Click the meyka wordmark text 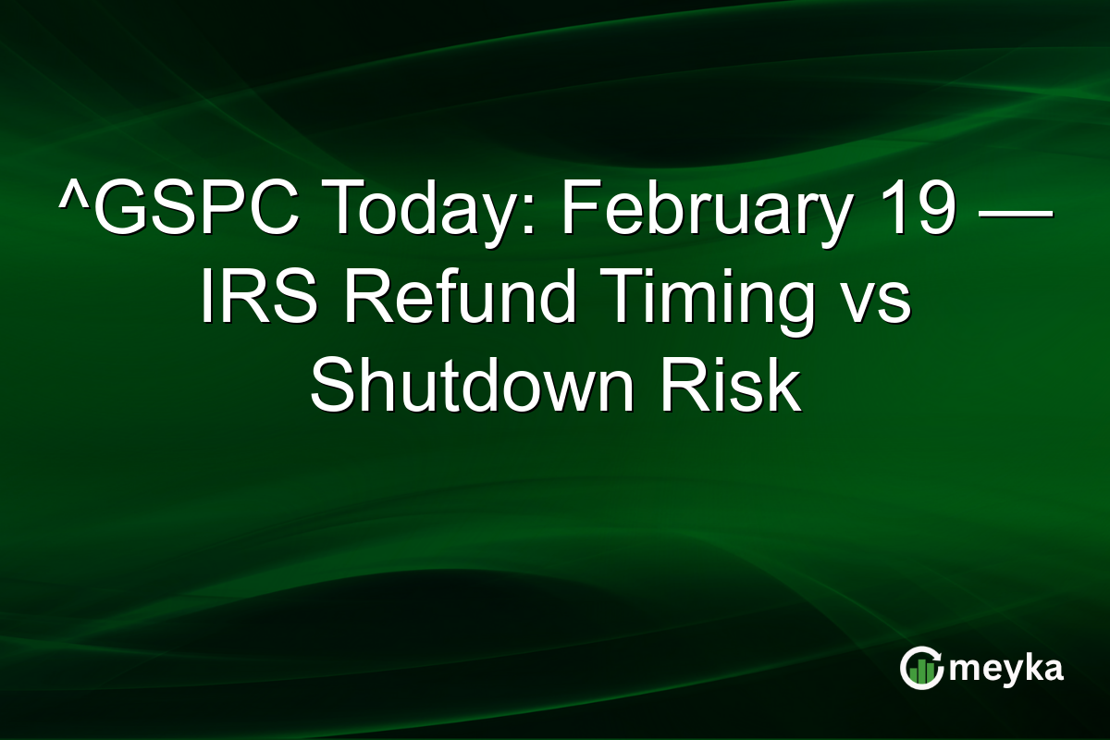click(1009, 669)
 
